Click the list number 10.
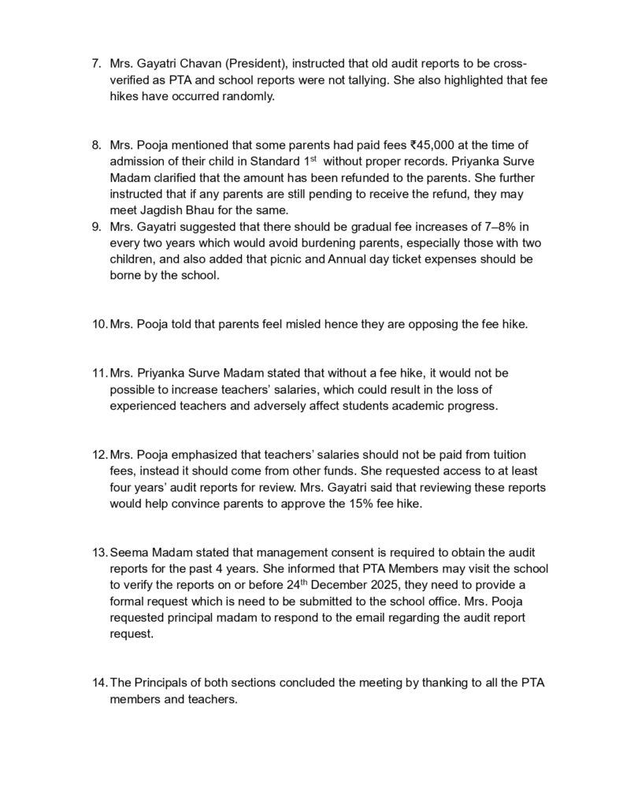coord(100,323)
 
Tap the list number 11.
coord(100,372)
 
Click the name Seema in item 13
coord(128,552)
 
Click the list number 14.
coord(100,682)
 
